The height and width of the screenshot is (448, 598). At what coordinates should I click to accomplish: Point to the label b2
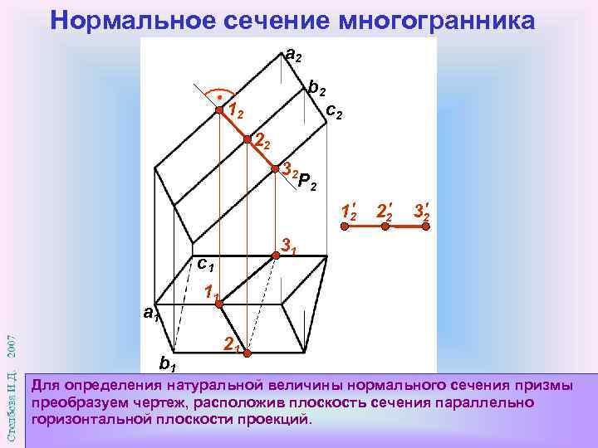tap(316, 86)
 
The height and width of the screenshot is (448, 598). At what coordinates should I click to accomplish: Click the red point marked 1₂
tap(219, 110)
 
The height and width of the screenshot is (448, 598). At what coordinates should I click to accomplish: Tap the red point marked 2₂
tap(248, 139)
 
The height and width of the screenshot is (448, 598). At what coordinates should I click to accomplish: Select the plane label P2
tap(306, 180)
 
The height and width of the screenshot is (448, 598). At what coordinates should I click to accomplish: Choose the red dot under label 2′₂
tap(385, 225)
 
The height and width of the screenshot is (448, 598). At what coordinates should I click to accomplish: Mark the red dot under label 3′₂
tap(425, 225)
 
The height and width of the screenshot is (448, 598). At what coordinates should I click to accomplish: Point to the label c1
tap(204, 265)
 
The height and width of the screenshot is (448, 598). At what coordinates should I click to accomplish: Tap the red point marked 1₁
tap(219, 304)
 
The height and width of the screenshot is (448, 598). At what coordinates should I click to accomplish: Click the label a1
tap(149, 314)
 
